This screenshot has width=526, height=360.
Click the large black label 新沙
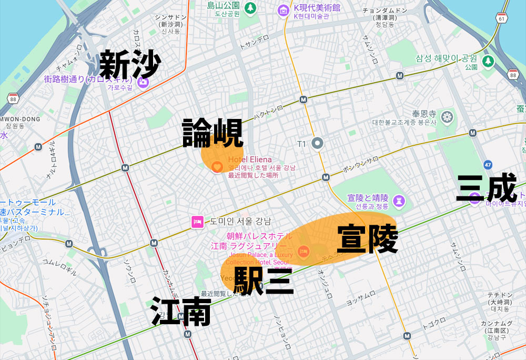(130, 65)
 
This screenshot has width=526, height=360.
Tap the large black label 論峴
(213, 133)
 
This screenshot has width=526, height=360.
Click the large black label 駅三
(263, 281)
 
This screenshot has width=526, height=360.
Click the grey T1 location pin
(317, 143)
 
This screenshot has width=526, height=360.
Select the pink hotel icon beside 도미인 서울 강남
(197, 222)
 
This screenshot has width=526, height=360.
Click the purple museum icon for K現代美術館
(284, 9)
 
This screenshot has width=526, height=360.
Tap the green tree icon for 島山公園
(250, 8)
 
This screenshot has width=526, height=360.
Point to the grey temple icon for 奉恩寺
(448, 117)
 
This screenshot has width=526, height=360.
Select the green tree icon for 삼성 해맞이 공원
(488, 61)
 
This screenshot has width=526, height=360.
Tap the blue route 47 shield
(488, 165)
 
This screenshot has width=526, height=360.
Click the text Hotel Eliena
(250, 159)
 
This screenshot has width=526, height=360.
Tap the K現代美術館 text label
(317, 7)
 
